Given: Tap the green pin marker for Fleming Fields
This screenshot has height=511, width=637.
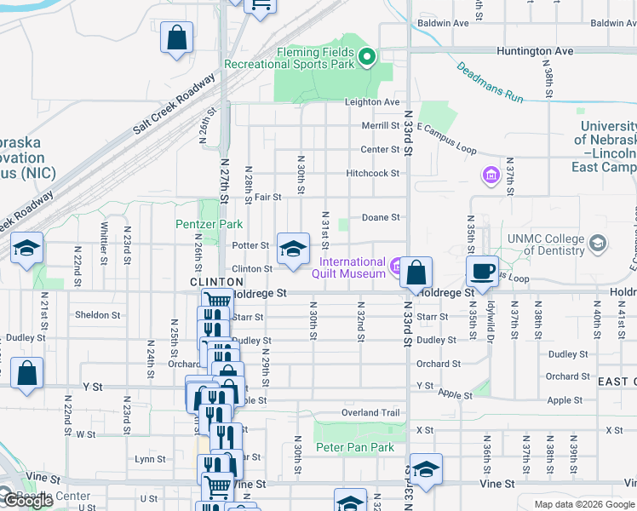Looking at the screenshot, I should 368,58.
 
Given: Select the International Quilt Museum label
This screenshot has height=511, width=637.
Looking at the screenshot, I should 353,267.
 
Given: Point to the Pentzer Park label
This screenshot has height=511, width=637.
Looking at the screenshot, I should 209,224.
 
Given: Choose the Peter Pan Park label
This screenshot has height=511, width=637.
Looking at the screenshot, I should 354,447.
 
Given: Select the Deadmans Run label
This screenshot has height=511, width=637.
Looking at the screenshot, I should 490,83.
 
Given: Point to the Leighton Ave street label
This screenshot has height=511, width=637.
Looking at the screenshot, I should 372,102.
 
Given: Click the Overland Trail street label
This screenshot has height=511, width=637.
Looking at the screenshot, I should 370,413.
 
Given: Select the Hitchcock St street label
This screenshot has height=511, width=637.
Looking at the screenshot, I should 372,174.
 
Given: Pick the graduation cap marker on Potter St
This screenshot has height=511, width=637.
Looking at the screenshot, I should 292,249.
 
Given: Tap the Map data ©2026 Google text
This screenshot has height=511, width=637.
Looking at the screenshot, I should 585,503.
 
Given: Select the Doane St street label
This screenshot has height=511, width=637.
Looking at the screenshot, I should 381,217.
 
